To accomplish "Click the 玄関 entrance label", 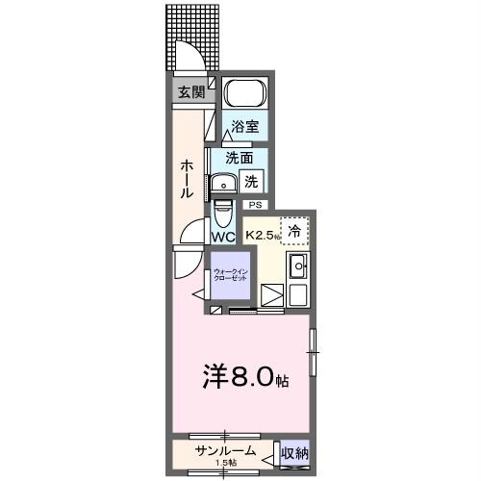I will [x=190, y=92].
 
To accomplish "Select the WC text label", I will [x=223, y=237].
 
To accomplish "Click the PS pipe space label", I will [x=255, y=205].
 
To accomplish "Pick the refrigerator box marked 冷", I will [x=294, y=231].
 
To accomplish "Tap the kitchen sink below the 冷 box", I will [x=297, y=266].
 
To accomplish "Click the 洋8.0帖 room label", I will [x=245, y=377].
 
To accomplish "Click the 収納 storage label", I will [x=294, y=452].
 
